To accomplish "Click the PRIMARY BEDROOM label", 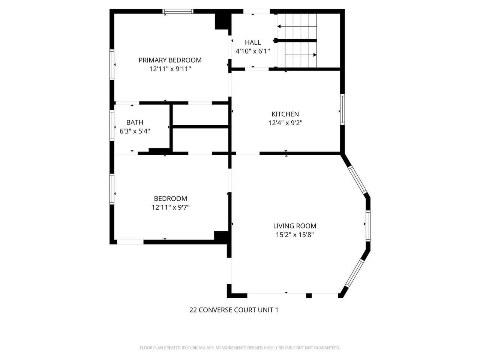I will pyautogui.click(x=170, y=60).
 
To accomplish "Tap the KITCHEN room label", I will pyautogui.click(x=285, y=114).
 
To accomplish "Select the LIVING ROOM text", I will pyautogui.click(x=294, y=226).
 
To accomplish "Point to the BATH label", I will pyautogui.click(x=135, y=122).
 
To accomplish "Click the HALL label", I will pyautogui.click(x=253, y=42).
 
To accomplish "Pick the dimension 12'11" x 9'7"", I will pyautogui.click(x=170, y=207).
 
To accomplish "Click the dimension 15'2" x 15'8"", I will pyautogui.click(x=294, y=235).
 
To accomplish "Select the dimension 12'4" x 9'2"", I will pyautogui.click(x=285, y=123).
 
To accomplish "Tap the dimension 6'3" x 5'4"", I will pyautogui.click(x=135, y=131).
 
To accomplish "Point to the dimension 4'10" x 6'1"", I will pyautogui.click(x=253, y=51).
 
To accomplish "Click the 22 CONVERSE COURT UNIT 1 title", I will pyautogui.click(x=234, y=310).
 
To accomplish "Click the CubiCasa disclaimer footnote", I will pyautogui.click(x=240, y=348).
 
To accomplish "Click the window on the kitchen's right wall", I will pyautogui.click(x=342, y=109).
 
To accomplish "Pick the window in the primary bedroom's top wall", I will pyautogui.click(x=178, y=12).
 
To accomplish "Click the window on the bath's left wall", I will pyautogui.click(x=112, y=125).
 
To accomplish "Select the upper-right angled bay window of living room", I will pyautogui.click(x=357, y=180).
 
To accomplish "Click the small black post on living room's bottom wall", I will pyautogui.click(x=309, y=295).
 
